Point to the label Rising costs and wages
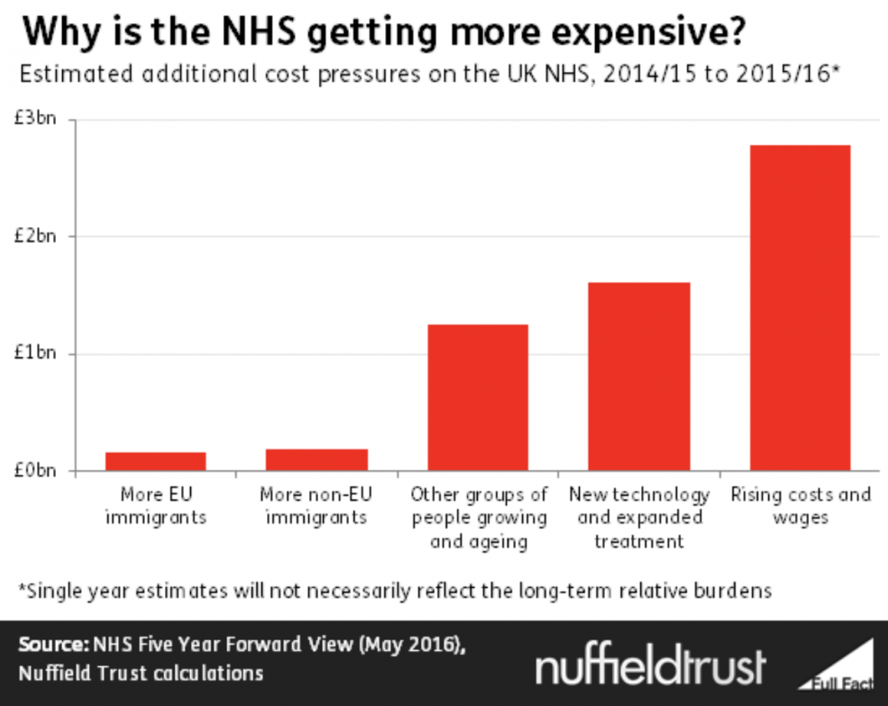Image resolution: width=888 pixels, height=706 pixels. click(x=800, y=505)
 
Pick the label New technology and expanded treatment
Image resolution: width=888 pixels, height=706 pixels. click(x=638, y=517)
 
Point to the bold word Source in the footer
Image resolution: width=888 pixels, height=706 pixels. click(x=50, y=646)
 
